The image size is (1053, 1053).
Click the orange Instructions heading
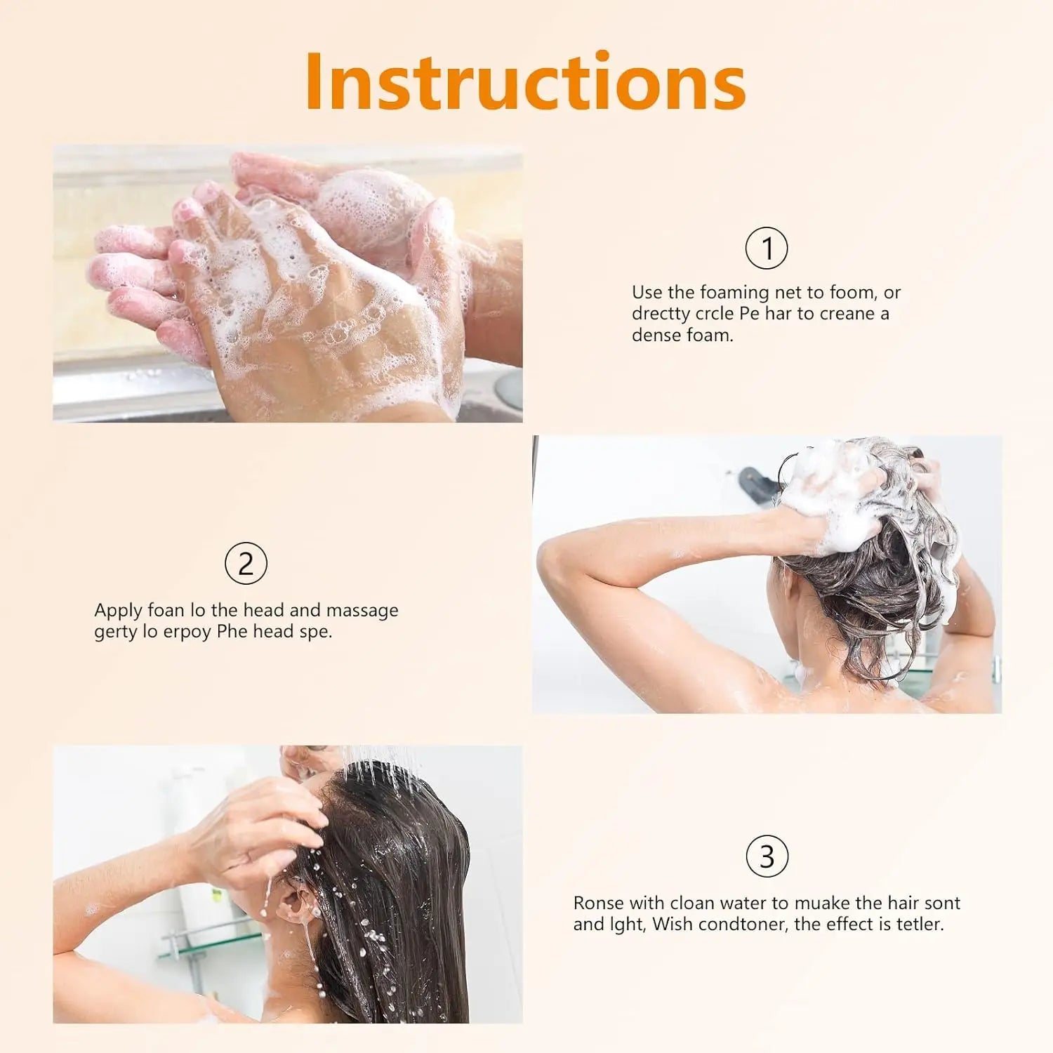525,81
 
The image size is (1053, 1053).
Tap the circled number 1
767,248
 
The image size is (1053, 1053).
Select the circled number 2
246,563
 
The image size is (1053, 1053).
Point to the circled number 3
767,856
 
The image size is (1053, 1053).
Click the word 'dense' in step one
656,335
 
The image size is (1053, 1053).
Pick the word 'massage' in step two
362,611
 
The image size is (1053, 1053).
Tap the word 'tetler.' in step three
920,924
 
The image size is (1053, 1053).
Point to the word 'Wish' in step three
673,924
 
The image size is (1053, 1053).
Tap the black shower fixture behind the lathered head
757,485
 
